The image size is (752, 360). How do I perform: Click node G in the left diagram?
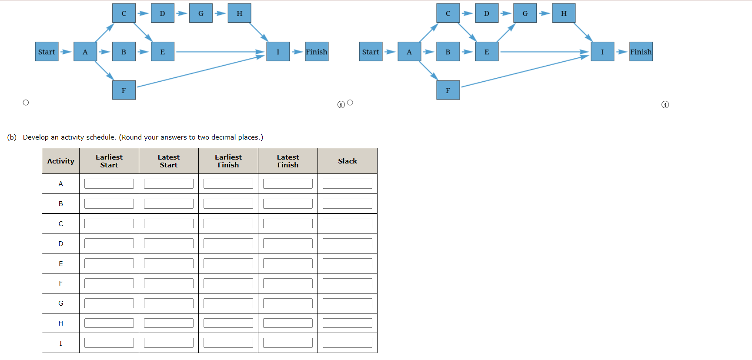coord(201,13)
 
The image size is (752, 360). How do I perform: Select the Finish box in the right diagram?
coord(641,52)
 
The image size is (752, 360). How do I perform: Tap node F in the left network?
coord(124,90)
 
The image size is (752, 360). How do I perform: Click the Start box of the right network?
coord(371,52)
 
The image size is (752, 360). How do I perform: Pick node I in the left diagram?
coord(278,52)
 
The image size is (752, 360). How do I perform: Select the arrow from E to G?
coord(506,33)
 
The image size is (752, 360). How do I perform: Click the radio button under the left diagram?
coord(26,103)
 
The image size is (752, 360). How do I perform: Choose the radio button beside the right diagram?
coord(350,103)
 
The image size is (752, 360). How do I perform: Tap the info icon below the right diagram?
coord(665,105)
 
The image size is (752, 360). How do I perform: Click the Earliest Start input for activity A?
coord(109,183)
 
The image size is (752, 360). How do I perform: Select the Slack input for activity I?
coord(347,343)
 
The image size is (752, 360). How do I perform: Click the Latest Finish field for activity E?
coord(287,263)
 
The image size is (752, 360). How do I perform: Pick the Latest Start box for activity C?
coord(169,223)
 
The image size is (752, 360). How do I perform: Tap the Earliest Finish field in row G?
coord(228,303)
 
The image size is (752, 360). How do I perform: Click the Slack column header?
coord(347,161)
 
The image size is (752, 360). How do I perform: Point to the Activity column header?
coord(60,161)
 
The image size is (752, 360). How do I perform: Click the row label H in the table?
coord(60,323)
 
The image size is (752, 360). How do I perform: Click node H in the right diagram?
coord(564,13)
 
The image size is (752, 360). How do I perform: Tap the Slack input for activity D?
coord(347,243)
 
